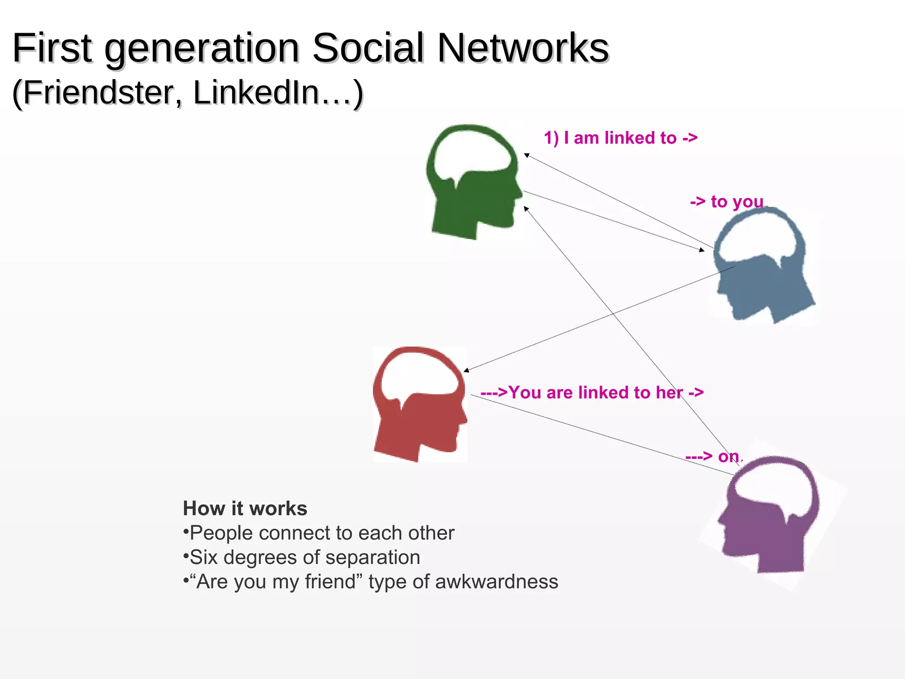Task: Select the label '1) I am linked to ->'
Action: [x=620, y=138]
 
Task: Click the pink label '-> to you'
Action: [x=727, y=202]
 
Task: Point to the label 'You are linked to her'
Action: [x=592, y=393]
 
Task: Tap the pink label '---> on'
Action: [x=712, y=456]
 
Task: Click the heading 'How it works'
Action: [x=245, y=508]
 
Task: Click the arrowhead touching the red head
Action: [x=466, y=370]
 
